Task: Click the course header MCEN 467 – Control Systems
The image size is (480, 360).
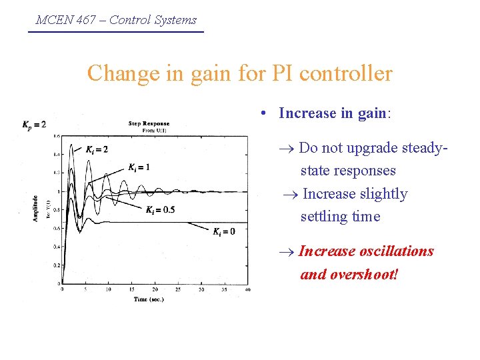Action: [116, 20]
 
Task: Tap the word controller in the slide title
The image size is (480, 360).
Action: [347, 73]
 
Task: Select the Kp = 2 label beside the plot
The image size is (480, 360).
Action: [34, 125]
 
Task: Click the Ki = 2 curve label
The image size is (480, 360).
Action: [96, 149]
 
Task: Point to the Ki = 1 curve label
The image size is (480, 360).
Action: [139, 167]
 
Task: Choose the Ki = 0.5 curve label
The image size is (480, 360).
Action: [160, 210]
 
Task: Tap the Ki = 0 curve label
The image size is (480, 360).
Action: [223, 231]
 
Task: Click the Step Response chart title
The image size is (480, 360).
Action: [149, 123]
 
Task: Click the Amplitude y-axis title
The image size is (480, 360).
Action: [35, 209]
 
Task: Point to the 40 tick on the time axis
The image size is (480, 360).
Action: [247, 290]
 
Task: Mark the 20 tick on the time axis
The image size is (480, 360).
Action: [155, 290]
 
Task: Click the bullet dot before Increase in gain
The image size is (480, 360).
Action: [265, 114]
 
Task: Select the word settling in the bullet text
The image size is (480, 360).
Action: [323, 217]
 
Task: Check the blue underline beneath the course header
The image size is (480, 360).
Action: [116, 31]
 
